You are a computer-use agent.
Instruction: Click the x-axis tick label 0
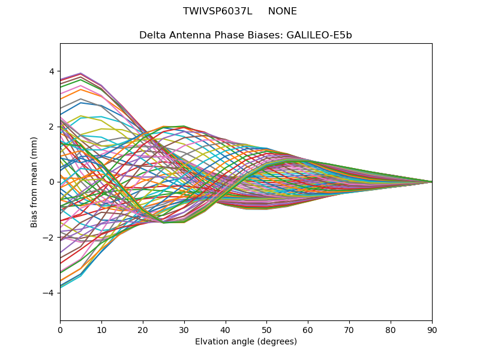point(60,329)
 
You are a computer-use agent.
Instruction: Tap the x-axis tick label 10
point(101,329)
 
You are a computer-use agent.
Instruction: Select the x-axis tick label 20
point(143,329)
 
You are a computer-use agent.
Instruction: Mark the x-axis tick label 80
point(391,329)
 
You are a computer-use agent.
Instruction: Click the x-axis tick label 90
point(432,329)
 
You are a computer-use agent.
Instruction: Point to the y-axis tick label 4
point(51,71)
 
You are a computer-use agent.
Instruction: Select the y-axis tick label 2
point(51,127)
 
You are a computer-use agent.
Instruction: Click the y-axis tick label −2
point(49,237)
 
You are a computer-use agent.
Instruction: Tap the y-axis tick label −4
point(49,293)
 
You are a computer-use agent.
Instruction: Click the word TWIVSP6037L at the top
point(217,11)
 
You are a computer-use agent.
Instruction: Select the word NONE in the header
point(282,11)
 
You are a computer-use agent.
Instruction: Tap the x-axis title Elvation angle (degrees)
point(246,341)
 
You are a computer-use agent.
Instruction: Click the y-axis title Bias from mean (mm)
point(34,182)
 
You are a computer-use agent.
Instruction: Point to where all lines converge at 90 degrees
point(431,182)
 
